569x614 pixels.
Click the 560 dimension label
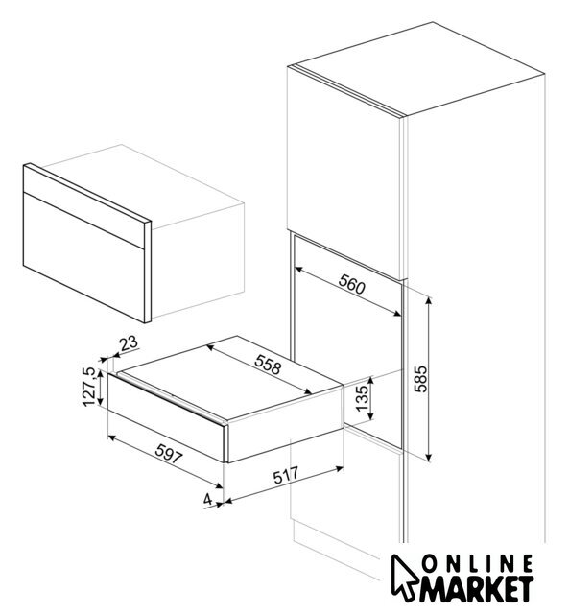click(351, 284)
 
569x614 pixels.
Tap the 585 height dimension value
click(421, 379)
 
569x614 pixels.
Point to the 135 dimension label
click(363, 398)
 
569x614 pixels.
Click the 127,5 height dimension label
click(89, 387)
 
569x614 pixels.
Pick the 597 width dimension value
click(169, 454)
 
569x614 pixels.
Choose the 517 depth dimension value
click(286, 475)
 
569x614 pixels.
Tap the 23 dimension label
click(130, 343)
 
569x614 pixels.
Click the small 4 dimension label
click(207, 499)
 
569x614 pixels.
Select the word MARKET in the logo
click(477, 591)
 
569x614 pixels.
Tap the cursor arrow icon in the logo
click(404, 575)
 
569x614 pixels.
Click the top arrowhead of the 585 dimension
click(429, 300)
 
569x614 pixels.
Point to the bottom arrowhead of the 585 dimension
click(429, 458)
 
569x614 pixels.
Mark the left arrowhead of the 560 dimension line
click(298, 270)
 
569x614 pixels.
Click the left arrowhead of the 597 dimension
click(111, 437)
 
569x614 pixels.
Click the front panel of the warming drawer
click(167, 417)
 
